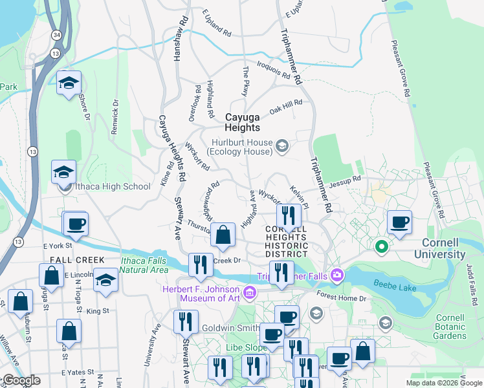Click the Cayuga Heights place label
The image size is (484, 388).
(242, 123)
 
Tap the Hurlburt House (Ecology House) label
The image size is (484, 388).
(239, 147)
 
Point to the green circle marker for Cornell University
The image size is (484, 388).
(382, 246)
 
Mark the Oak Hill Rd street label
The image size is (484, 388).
(286, 107)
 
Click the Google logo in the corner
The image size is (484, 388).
(21, 380)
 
